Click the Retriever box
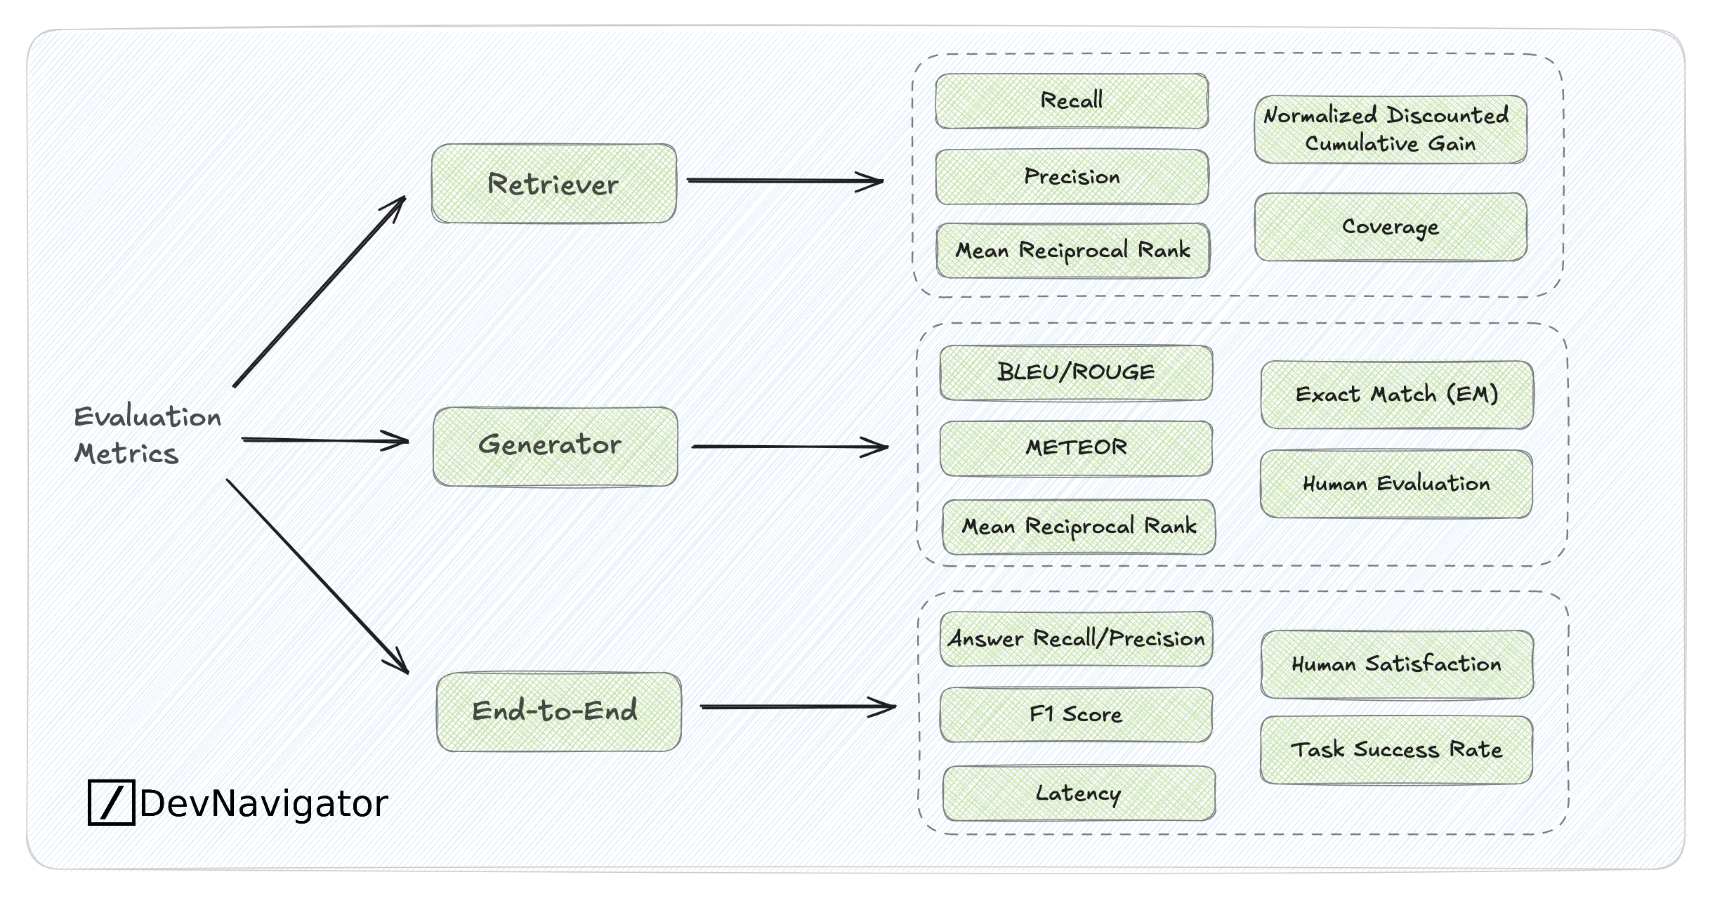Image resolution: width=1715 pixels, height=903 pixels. [553, 184]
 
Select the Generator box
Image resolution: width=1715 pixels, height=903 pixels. [555, 447]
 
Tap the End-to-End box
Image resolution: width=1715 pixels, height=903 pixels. [558, 711]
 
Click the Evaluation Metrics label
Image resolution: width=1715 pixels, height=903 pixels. [147, 435]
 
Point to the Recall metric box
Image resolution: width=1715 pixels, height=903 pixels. [1072, 101]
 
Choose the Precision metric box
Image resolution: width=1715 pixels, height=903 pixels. [1072, 177]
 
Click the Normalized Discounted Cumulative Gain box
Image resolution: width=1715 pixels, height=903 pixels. [1390, 130]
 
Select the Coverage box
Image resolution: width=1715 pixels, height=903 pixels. [1390, 227]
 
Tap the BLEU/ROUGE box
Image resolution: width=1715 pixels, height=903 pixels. [1076, 373]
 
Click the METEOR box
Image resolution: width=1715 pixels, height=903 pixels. [1076, 448]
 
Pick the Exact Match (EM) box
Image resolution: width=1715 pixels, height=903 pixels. [1396, 395]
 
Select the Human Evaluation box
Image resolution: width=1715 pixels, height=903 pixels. [1396, 484]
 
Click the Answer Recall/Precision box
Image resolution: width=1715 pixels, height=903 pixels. [1076, 639]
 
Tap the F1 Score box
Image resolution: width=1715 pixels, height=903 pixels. [1076, 715]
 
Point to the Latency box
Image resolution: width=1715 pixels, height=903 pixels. [1079, 793]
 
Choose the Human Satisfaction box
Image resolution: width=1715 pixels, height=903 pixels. [1396, 664]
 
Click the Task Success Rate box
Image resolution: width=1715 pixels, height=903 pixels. [1396, 750]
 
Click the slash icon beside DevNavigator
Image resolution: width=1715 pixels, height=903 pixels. [111, 802]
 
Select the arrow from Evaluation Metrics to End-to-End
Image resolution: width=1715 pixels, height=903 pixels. [316, 576]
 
